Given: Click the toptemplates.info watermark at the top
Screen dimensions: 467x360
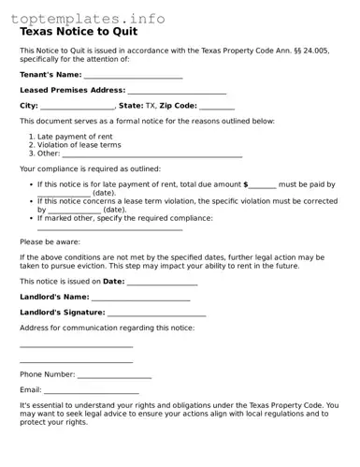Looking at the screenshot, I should coord(89,18).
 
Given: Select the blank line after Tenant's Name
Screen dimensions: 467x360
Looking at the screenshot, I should coord(134,75).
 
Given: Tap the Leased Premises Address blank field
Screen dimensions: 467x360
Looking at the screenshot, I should coord(177,91).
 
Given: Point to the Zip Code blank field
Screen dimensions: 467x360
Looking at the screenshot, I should coord(217,107).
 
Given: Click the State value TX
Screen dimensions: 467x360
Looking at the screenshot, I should coord(151,107).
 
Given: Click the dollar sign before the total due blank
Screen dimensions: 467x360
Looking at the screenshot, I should coord(246,185).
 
